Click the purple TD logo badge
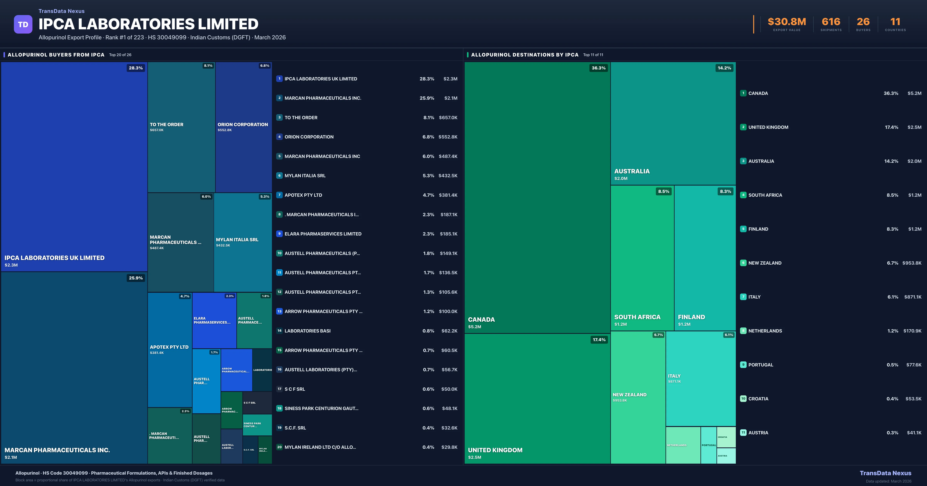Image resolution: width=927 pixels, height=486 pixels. point(23,24)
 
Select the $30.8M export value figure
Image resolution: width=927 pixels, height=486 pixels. point(787,22)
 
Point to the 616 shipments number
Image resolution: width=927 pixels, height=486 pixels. point(831,22)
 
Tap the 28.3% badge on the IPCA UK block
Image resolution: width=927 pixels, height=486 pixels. point(136,68)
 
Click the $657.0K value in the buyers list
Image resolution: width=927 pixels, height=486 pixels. point(448,117)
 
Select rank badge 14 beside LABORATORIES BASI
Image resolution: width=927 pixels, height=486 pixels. point(279,331)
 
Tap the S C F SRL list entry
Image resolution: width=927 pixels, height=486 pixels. point(295,389)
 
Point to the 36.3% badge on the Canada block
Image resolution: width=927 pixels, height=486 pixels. point(598,68)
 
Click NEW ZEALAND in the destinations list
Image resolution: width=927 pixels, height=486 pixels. point(765,263)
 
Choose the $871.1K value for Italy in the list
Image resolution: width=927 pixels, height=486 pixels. point(913,297)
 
